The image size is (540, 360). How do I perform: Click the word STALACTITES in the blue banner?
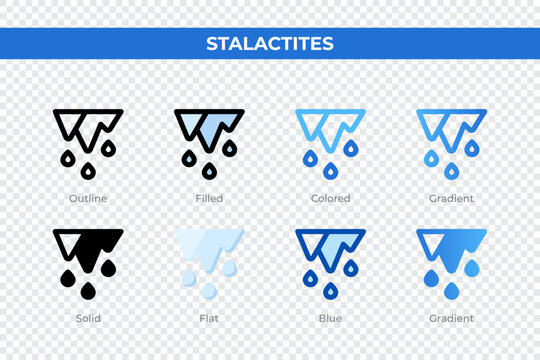click(x=269, y=44)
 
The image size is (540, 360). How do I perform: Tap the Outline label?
click(x=87, y=199)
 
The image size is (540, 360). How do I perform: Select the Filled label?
click(x=209, y=199)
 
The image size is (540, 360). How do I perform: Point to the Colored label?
click(x=331, y=199)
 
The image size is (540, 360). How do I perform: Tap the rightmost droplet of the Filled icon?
click(x=230, y=149)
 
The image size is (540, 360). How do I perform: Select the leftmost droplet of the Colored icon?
click(x=310, y=157)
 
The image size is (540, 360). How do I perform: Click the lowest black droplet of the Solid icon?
click(x=86, y=292)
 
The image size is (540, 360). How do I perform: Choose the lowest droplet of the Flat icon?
click(x=208, y=292)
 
